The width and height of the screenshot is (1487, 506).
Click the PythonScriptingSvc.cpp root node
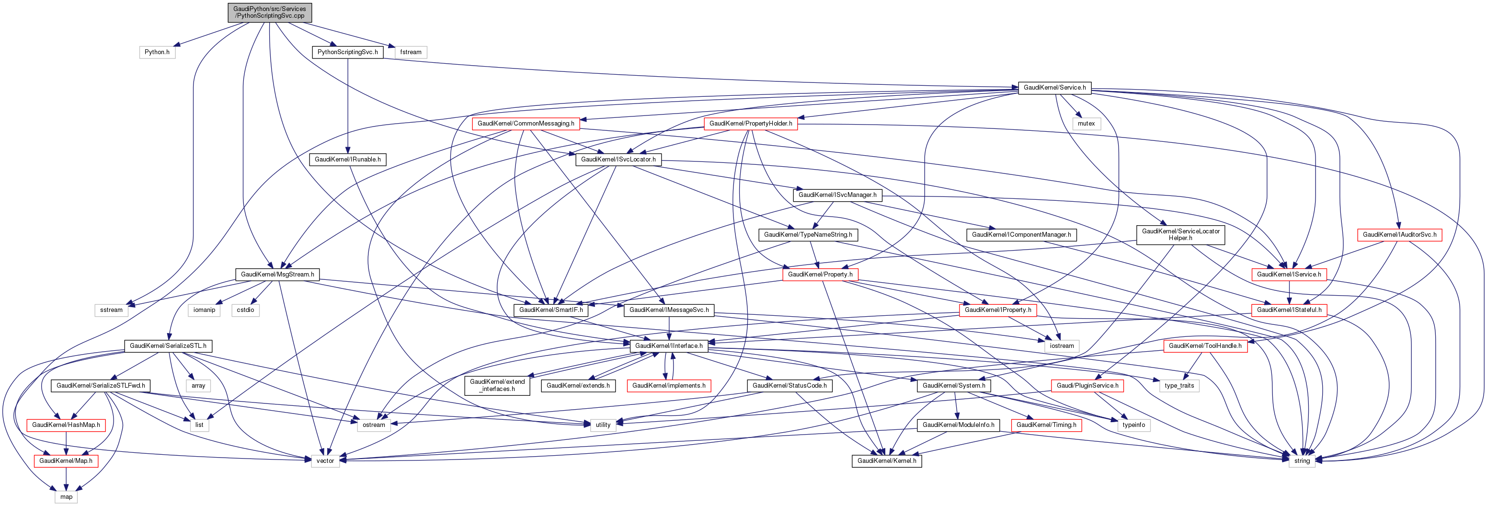coord(270,12)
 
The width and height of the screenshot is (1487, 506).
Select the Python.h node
coord(157,52)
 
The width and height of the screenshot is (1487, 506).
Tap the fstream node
coord(411,52)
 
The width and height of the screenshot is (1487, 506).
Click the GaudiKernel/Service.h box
coord(1054,88)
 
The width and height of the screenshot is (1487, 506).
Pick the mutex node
coord(1086,124)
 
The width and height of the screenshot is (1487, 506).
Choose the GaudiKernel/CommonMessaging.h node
coord(526,124)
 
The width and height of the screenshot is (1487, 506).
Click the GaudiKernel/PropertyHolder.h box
coord(750,124)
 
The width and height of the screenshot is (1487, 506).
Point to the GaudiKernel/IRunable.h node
coord(347,160)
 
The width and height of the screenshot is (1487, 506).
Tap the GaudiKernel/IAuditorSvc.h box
coord(1399,234)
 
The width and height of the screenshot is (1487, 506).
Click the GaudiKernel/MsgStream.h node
coord(277,275)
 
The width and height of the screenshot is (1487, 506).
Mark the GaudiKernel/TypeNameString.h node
coord(808,234)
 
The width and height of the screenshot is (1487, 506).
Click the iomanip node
coord(204,310)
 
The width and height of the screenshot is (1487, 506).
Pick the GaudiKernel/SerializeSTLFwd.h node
coord(101,385)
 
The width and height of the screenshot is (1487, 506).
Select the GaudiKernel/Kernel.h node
coord(886,461)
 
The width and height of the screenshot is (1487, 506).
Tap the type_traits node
coord(1179,385)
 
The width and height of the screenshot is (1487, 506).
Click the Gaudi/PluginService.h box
coord(1087,385)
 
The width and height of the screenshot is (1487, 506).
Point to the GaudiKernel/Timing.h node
coord(1046,425)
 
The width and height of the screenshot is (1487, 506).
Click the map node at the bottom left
coord(67,497)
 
